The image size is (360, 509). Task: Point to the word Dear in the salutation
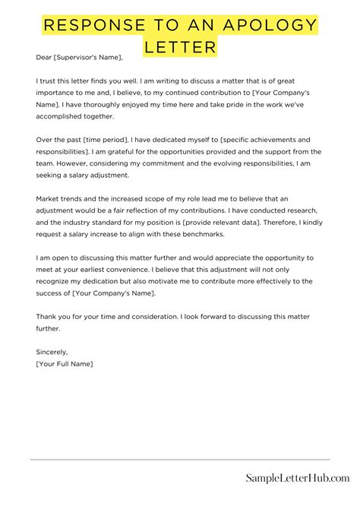tap(43, 58)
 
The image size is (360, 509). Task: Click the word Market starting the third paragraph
tap(49, 198)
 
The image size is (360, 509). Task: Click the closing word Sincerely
tap(52, 353)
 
